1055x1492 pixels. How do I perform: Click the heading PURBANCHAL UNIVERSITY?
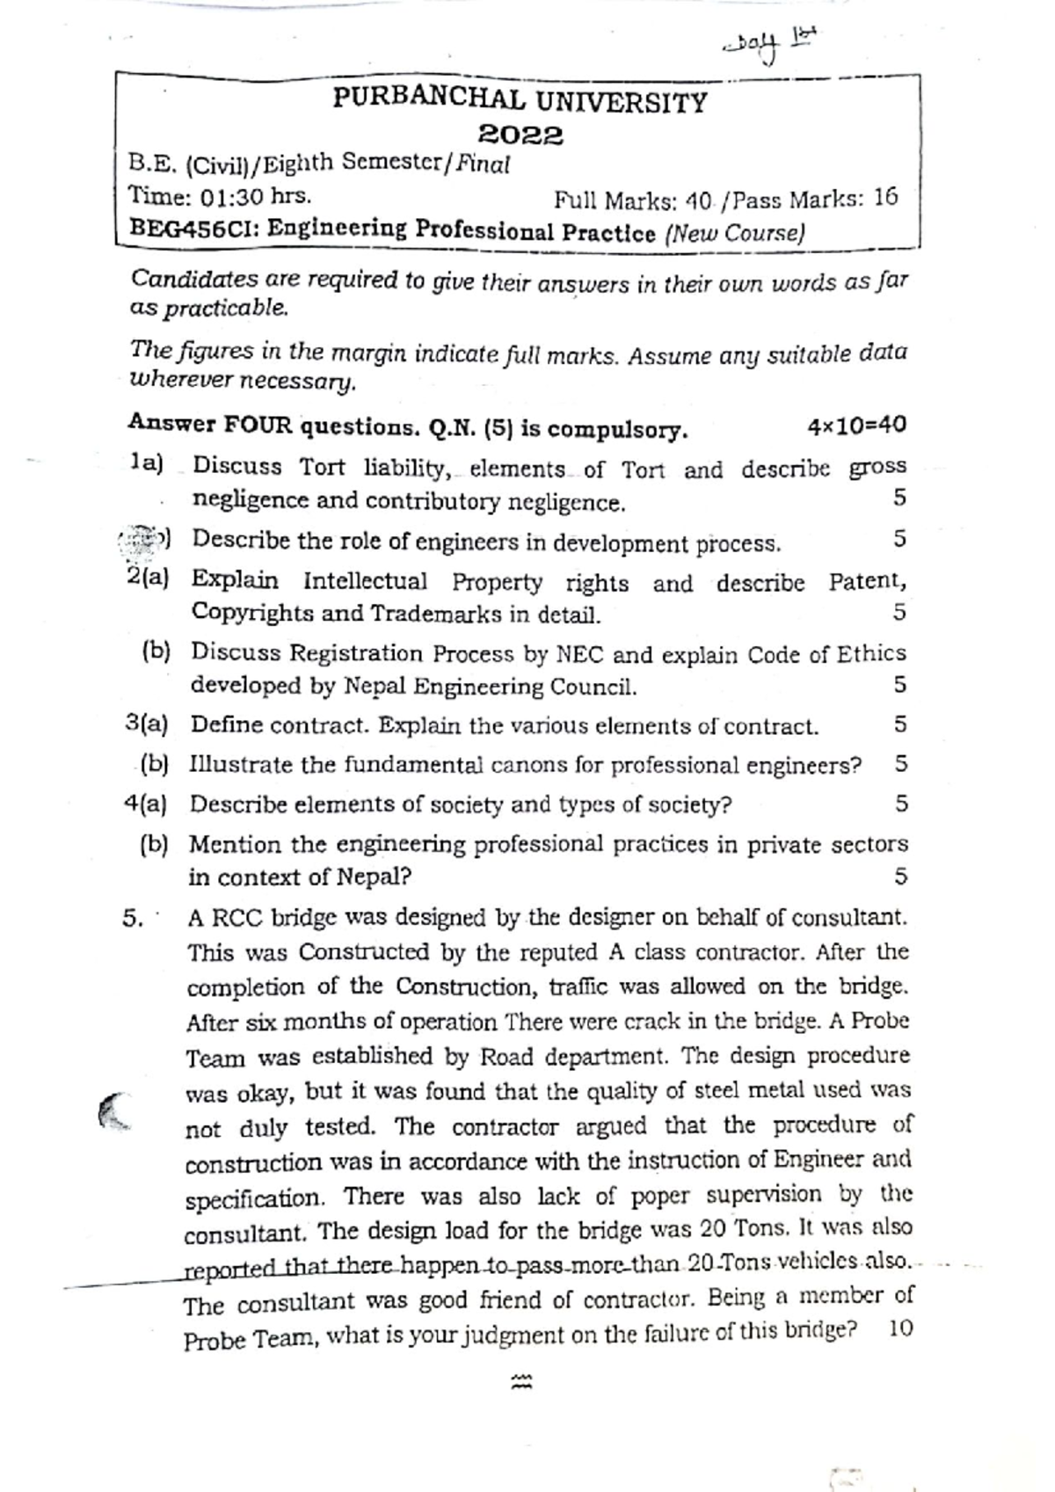point(520,101)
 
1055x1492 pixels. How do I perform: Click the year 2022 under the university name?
point(520,135)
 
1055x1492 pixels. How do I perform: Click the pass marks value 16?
point(885,197)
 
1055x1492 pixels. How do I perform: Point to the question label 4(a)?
point(146,804)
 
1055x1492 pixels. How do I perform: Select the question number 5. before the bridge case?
point(134,920)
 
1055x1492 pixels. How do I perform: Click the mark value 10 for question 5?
point(900,1328)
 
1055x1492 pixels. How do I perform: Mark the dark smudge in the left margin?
point(113,1110)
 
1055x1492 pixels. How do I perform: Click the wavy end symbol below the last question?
point(522,1383)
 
